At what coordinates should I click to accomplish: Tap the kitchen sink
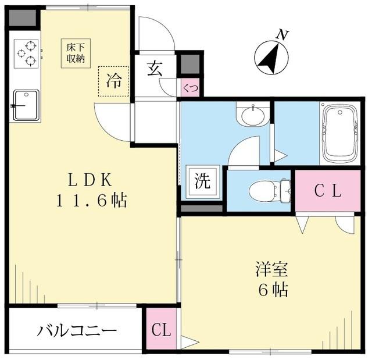click(26, 105)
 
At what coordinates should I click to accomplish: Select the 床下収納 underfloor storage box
click(76, 53)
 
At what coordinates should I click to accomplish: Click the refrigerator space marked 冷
click(113, 81)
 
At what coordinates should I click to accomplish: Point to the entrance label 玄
click(154, 68)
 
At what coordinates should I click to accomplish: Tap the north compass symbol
click(271, 58)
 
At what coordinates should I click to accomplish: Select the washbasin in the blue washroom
click(253, 115)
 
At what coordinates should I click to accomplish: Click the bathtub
click(340, 134)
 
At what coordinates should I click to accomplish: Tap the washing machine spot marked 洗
click(203, 181)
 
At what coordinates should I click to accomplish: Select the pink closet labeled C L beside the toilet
click(328, 191)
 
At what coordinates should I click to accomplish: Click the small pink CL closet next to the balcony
click(162, 330)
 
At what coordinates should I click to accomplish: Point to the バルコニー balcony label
click(77, 331)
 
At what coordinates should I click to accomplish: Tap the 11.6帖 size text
click(91, 201)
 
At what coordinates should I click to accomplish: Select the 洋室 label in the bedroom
click(271, 270)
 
